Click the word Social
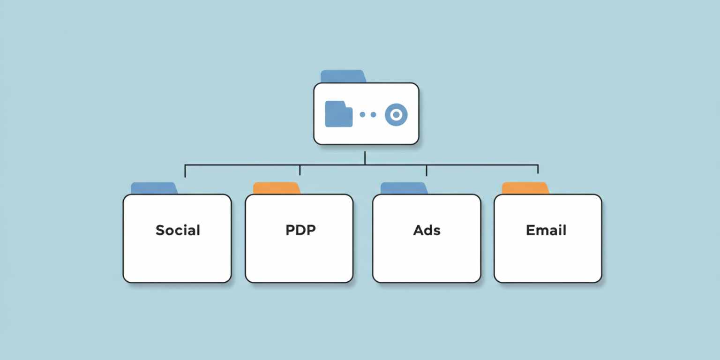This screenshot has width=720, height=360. [x=178, y=230]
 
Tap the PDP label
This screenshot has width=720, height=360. [x=300, y=230]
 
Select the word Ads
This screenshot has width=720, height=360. [x=427, y=230]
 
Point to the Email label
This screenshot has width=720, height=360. [x=546, y=230]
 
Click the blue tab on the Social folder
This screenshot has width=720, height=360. [x=153, y=188]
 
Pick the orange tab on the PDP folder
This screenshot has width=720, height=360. [x=276, y=188]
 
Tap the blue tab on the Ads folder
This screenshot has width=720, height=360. [x=403, y=188]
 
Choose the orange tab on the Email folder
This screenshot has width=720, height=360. [x=525, y=188]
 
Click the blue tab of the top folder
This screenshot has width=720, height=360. [x=342, y=76]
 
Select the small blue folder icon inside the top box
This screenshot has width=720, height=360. [x=338, y=114]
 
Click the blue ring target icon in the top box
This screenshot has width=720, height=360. [x=396, y=114]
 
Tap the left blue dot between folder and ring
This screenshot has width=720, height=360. [x=362, y=114]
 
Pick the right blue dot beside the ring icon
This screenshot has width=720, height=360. [x=374, y=114]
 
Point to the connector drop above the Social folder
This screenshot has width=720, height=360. [x=185, y=171]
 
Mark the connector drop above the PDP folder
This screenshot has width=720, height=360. [x=300, y=170]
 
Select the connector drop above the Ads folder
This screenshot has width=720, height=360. [x=426, y=170]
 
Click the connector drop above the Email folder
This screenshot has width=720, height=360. [x=538, y=169]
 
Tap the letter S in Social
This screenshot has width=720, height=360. [x=160, y=230]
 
